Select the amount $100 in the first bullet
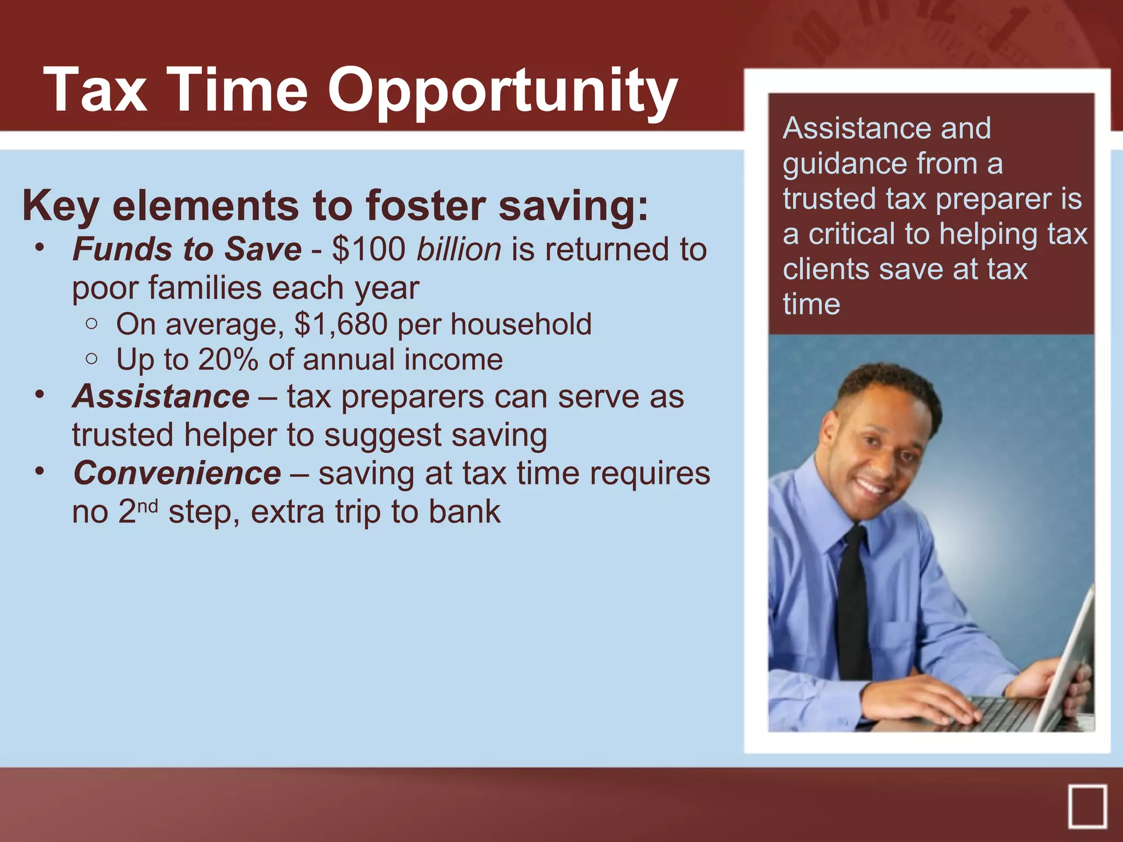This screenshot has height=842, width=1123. [368, 249]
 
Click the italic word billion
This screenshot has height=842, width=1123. [458, 249]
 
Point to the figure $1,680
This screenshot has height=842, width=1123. [341, 324]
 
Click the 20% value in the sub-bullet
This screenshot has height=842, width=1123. [228, 360]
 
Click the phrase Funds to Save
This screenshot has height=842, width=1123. [187, 249]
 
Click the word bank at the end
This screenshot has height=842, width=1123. [464, 512]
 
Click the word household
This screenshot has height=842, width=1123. [521, 324]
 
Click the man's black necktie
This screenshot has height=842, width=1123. [854, 603]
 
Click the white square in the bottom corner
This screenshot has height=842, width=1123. [1087, 806]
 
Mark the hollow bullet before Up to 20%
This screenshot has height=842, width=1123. [92, 359]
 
